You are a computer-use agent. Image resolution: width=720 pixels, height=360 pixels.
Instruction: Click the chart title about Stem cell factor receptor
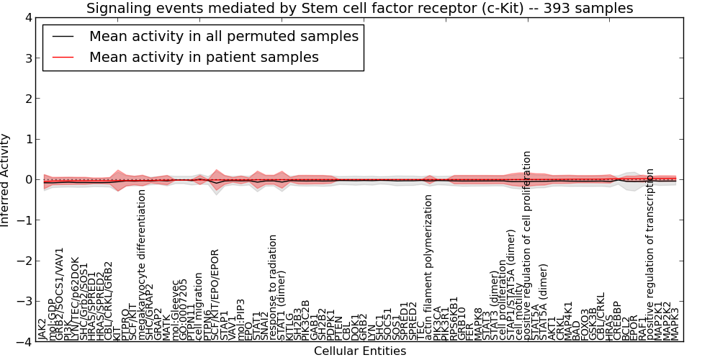pyautogui.click(x=360, y=9)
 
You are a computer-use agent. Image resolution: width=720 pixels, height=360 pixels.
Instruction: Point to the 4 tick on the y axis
pyautogui.click(x=27, y=17)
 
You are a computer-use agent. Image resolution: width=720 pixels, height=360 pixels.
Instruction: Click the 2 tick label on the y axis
pyautogui.click(x=27, y=99)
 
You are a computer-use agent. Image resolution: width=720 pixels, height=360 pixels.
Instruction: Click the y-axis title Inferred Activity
pyautogui.click(x=6, y=180)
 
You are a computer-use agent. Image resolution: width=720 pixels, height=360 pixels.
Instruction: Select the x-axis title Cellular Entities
pyautogui.click(x=360, y=351)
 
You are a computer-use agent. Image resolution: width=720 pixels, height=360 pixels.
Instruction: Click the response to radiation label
pyautogui.click(x=273, y=287)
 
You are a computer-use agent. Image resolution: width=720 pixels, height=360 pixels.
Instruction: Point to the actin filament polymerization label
pyautogui.click(x=428, y=267)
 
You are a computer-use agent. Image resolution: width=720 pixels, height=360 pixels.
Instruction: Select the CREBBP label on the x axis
pyautogui.click(x=617, y=321)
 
